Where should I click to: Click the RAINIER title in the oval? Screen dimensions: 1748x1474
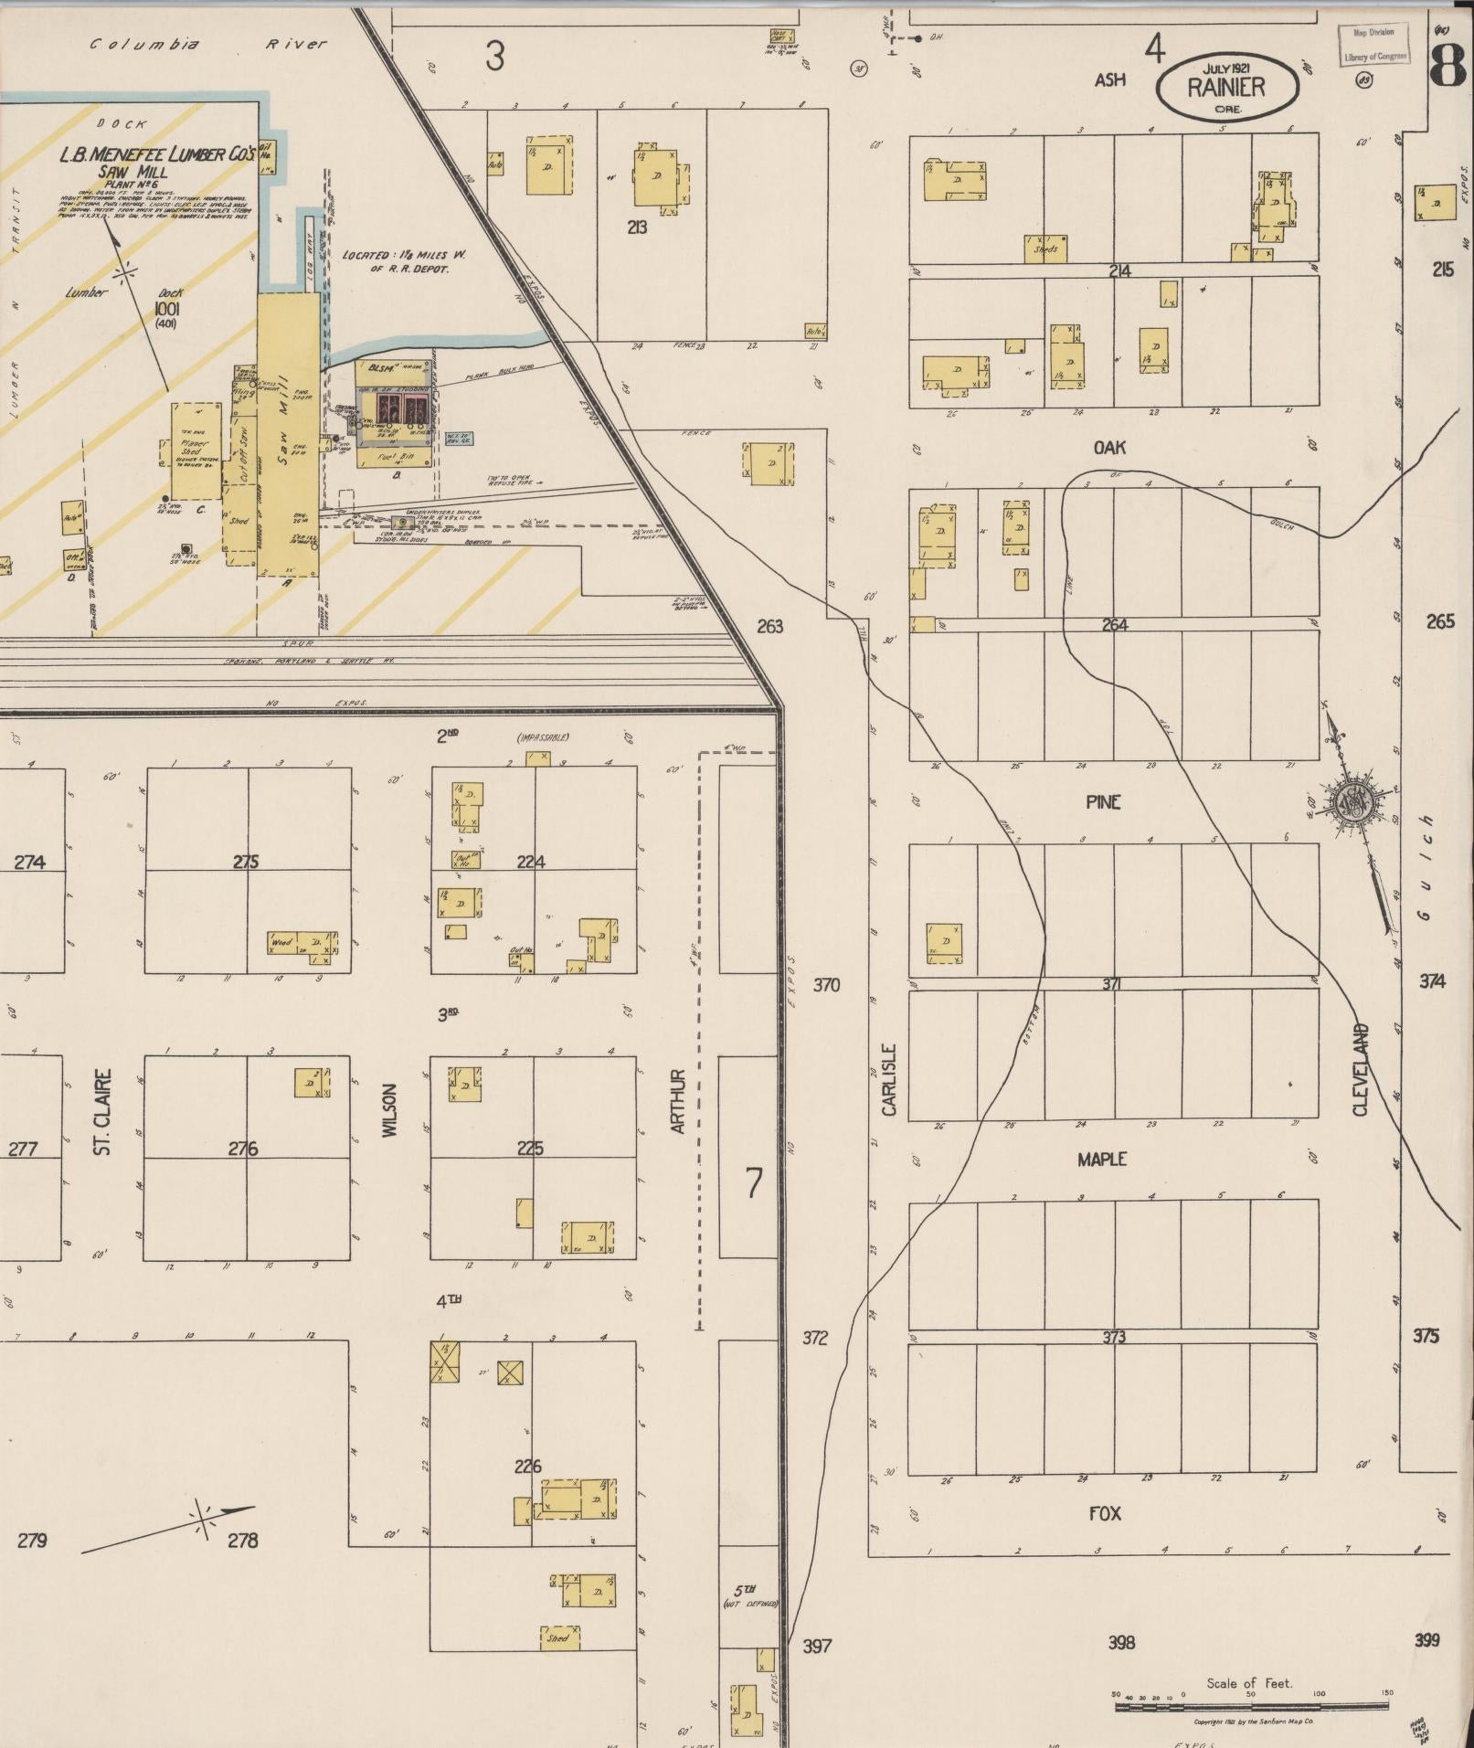[1226, 88]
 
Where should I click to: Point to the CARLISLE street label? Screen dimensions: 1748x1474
[889, 1080]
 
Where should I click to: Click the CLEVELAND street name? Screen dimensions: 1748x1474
[1361, 1069]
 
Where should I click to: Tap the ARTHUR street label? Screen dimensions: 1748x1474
[678, 1101]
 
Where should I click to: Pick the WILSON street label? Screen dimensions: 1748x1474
[390, 1110]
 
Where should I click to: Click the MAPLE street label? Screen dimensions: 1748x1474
[1102, 1159]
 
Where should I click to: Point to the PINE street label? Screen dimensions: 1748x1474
[1103, 802]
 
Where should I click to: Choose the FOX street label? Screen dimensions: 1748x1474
[1105, 1513]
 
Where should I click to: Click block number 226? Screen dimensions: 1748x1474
[528, 1467]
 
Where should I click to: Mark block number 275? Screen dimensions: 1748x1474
[247, 861]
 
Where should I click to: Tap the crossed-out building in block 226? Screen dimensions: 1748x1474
[511, 1372]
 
